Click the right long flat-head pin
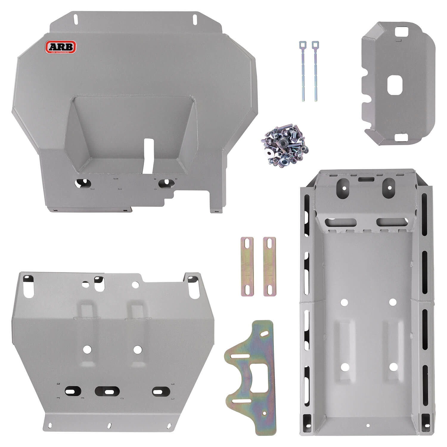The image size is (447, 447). click(x=315, y=74)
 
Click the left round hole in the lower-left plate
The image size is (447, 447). click(x=88, y=349)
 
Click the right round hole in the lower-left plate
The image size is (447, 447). click(x=137, y=349)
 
